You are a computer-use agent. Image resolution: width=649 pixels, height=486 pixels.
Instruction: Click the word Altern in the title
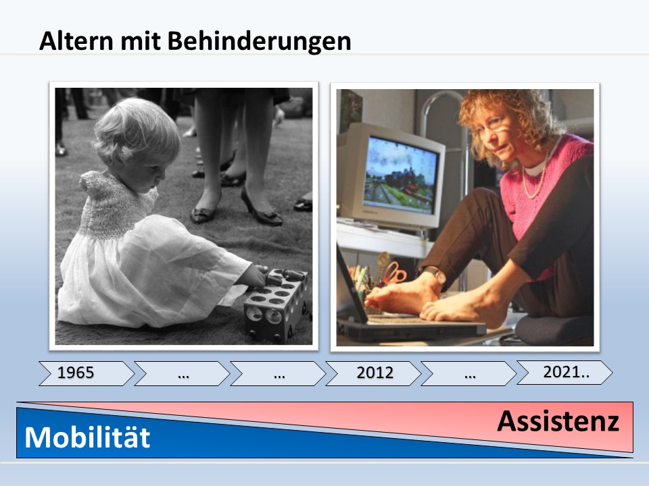[x=76, y=40]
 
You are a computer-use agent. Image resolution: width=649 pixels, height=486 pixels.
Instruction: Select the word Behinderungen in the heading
[x=259, y=41]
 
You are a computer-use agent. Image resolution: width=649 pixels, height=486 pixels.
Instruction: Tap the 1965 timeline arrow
[x=87, y=373]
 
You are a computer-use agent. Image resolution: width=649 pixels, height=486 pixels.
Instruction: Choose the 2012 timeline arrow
[x=373, y=373]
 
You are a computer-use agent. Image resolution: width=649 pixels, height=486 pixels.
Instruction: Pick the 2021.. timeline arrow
[x=564, y=373]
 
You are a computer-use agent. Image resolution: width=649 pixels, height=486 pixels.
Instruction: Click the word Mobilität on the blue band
[x=87, y=437]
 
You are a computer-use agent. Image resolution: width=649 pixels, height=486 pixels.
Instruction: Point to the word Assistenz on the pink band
[x=558, y=421]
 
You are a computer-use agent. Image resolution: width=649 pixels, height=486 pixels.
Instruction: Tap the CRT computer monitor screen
[x=400, y=175]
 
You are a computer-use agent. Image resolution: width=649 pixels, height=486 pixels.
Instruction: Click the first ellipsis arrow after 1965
[x=182, y=373]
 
